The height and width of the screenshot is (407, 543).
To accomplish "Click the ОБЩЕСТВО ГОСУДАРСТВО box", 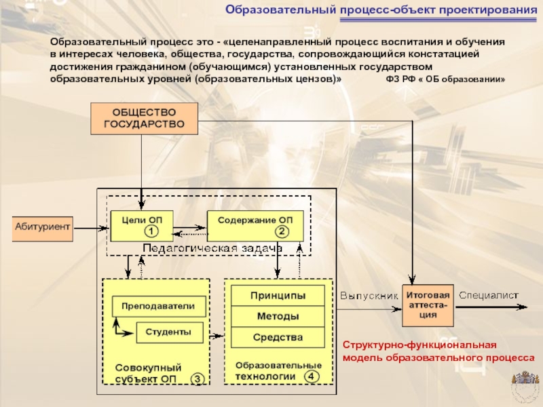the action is (144, 118).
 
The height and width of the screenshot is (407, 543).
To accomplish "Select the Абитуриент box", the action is (42, 229).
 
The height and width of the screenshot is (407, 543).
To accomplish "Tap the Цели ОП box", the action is (142, 226).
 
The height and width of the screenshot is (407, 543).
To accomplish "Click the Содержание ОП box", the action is (255, 226).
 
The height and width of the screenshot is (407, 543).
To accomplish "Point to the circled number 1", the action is (151, 231).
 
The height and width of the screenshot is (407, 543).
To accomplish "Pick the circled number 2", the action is (282, 231).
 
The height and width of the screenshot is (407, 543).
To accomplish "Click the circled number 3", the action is (198, 379).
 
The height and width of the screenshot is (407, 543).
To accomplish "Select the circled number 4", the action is (311, 376).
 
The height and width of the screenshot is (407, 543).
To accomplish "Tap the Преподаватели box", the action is (159, 307).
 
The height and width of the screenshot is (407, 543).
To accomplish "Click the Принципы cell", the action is (278, 296).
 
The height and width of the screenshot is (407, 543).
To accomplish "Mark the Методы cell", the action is (278, 316).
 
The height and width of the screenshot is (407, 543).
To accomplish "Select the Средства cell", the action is (278, 337).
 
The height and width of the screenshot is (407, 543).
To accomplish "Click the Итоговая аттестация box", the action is (428, 306).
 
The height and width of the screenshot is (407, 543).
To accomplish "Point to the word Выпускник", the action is (369, 296).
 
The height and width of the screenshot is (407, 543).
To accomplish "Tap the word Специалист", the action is (489, 295).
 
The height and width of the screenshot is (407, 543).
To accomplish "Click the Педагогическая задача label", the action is (212, 248).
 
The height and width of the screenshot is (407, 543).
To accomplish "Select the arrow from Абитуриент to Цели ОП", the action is (91, 229).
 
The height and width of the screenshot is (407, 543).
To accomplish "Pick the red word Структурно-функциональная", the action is (419, 345).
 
